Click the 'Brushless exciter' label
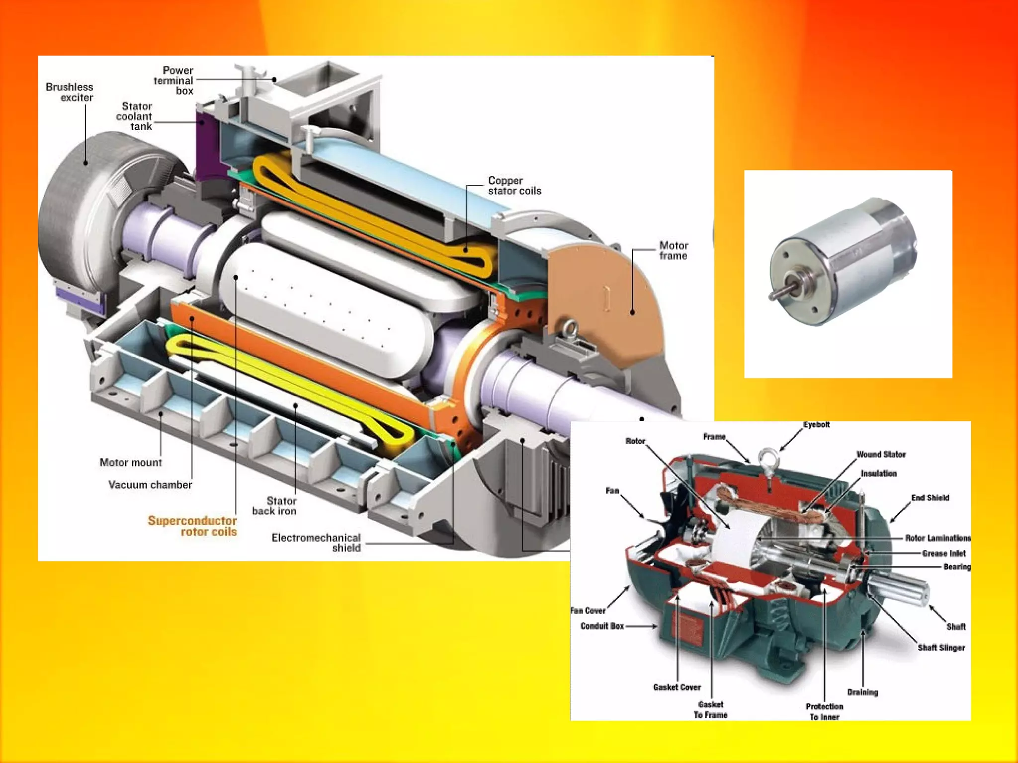click(x=70, y=92)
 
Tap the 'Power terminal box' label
click(x=173, y=80)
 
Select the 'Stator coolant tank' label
click(x=134, y=116)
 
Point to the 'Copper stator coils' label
click(x=514, y=186)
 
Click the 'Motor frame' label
click(x=674, y=250)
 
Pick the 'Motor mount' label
click(x=131, y=462)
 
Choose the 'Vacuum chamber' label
click(x=150, y=484)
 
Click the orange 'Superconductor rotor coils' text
click(x=192, y=526)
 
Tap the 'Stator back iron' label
click(x=274, y=506)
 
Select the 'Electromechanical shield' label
click(x=316, y=542)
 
